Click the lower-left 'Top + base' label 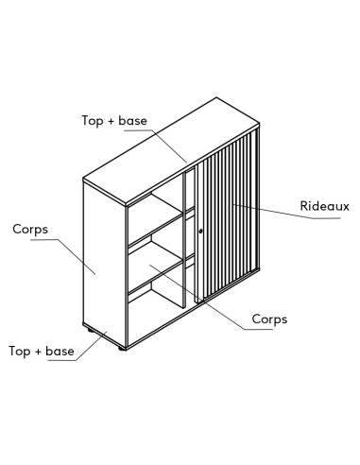click(x=41, y=351)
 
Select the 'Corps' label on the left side click(x=31, y=229)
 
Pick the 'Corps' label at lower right click(x=269, y=319)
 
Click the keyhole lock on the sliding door click(x=200, y=230)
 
